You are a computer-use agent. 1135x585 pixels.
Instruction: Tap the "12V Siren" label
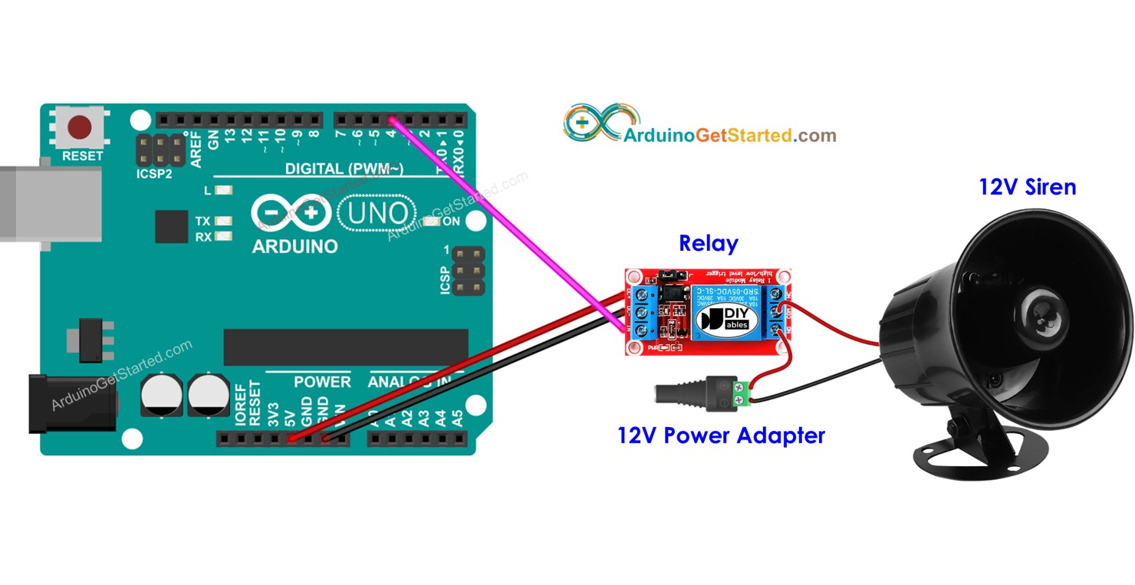click(1027, 186)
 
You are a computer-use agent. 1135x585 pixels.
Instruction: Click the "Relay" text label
click(708, 244)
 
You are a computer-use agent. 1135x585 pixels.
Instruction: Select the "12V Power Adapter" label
click(721, 435)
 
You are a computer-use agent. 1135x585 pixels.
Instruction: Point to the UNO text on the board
click(376, 212)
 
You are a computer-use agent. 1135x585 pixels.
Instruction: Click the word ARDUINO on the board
click(294, 247)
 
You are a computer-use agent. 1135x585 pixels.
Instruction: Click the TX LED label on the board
click(202, 221)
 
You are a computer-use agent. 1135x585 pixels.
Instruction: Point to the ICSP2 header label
click(154, 174)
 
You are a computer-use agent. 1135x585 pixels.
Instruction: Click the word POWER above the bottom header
click(322, 381)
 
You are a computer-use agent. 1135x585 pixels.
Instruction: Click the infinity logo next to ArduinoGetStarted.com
click(591, 124)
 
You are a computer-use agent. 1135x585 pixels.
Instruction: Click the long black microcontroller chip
click(345, 347)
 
